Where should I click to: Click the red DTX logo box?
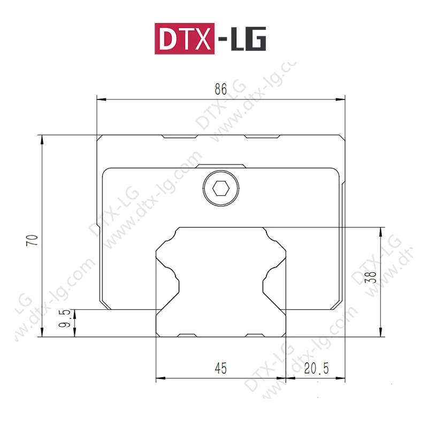point(185,39)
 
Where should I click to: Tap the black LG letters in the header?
point(248,39)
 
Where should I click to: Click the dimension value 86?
point(220,89)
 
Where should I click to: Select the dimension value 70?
point(32,240)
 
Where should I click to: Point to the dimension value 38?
point(371,277)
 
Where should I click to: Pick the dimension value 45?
point(220,368)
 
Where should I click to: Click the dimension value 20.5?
point(316,369)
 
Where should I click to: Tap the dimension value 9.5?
point(65,318)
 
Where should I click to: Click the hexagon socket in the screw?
point(221,189)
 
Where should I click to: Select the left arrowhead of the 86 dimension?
point(102,100)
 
